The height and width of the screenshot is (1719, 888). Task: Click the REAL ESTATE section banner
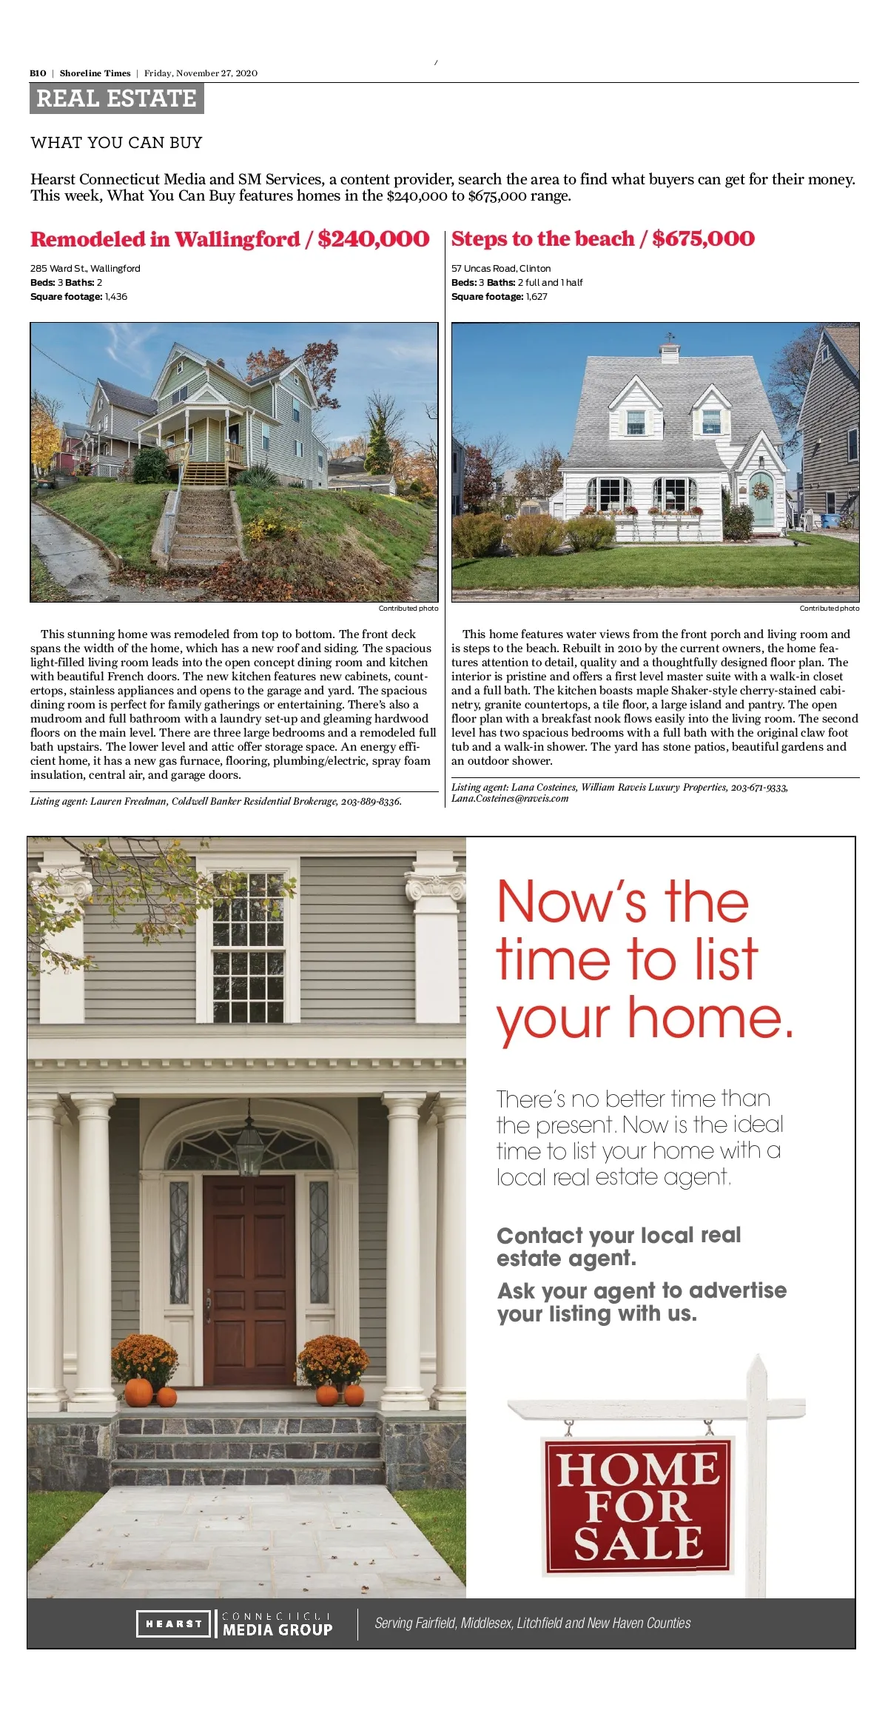tap(116, 98)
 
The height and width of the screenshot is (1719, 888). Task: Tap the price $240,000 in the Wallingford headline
tap(373, 239)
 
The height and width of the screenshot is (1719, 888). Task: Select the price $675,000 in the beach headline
tap(703, 238)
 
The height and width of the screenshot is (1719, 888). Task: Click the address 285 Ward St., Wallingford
tap(85, 269)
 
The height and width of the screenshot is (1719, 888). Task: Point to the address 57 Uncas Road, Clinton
tap(501, 269)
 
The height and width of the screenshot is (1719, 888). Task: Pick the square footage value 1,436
tap(116, 297)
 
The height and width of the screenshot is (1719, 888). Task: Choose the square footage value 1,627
tap(536, 297)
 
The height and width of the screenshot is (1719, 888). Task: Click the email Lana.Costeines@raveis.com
tap(510, 799)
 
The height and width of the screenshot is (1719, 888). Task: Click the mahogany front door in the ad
tap(249, 1280)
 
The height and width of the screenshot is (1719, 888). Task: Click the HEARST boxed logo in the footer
tap(173, 1623)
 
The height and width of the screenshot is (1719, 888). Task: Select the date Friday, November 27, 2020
tap(201, 73)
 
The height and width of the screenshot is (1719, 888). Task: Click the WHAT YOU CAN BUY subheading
tap(116, 143)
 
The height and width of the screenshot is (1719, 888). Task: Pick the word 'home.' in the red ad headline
tap(710, 1018)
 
